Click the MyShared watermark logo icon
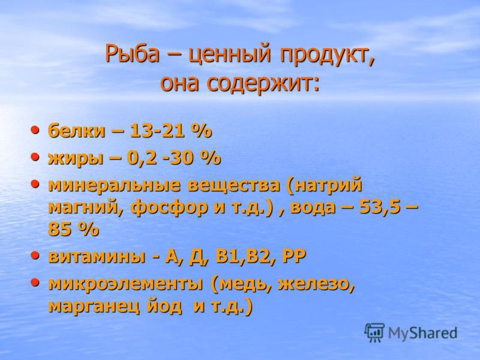tap(374, 332)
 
